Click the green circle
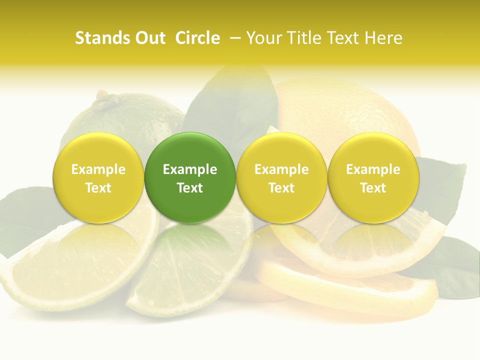tap(190, 177)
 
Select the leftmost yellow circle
tap(98, 177)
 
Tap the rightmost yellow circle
tap(373, 177)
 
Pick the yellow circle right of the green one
tap(281, 177)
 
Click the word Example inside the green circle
tap(190, 169)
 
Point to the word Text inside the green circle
tap(190, 188)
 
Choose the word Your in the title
tap(262, 38)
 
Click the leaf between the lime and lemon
tap(235, 105)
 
